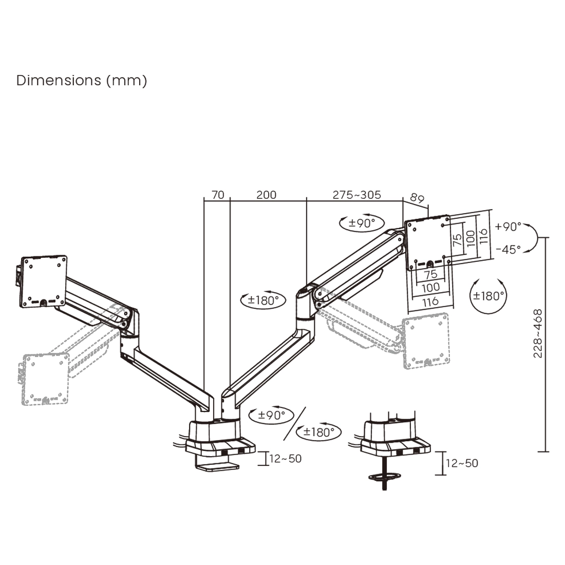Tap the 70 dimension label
218,195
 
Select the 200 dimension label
266,195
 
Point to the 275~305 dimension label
356,195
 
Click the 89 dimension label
417,198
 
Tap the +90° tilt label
509,227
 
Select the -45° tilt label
509,249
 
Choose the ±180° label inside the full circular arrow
488,296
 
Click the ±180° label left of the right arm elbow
263,300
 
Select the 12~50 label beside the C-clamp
286,458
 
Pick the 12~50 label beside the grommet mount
462,463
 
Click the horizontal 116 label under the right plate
430,302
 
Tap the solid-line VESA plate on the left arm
43,280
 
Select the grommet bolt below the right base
384,475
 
